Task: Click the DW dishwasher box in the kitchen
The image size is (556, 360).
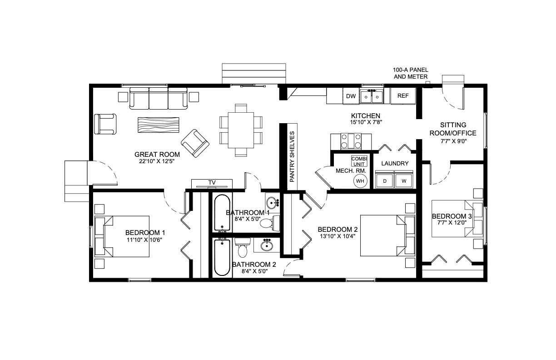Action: [351, 96]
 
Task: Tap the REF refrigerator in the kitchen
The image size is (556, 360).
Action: [403, 96]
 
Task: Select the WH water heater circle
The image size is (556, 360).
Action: [360, 181]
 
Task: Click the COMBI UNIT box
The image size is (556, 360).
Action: [359, 161]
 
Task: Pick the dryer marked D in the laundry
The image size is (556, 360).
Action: [384, 180]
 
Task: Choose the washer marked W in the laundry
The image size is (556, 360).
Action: [404, 180]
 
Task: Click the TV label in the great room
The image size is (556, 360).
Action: [212, 183]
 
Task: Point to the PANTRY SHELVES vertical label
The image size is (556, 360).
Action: [292, 156]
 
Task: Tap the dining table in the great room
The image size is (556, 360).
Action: [241, 130]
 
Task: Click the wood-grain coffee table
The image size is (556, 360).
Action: [159, 125]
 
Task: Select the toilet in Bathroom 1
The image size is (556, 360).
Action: [270, 223]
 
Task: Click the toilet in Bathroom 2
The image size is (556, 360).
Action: [243, 247]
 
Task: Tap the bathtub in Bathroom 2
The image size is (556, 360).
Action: [222, 258]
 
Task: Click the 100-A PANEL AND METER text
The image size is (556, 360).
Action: [411, 73]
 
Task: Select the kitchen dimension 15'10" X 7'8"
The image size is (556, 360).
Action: [366, 122]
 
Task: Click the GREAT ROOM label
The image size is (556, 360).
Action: [157, 154]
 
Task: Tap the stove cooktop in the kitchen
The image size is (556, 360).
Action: [351, 142]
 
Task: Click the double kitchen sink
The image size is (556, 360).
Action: [371, 96]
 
